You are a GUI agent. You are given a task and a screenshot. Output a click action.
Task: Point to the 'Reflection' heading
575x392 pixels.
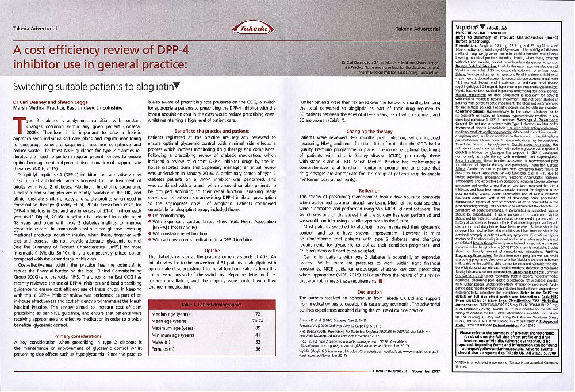[x=369, y=190]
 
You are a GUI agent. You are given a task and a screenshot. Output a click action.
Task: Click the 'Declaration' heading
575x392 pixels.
[x=369, y=291]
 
